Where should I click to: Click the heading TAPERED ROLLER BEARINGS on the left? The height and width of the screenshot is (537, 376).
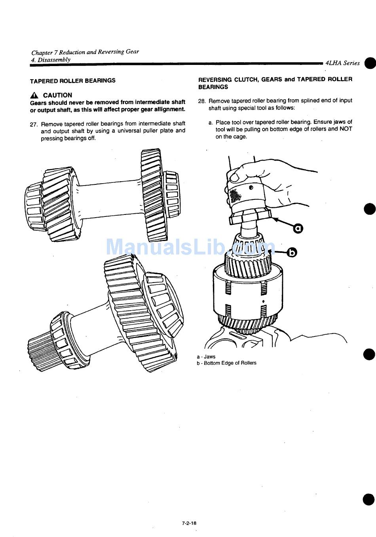point(73,80)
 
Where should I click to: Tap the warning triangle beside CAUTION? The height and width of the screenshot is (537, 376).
point(34,95)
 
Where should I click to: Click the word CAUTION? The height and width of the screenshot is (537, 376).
point(57,95)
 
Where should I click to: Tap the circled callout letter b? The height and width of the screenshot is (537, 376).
point(292,252)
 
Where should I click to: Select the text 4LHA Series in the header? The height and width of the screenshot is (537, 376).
point(342,63)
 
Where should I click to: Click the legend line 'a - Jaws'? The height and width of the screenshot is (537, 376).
point(206,357)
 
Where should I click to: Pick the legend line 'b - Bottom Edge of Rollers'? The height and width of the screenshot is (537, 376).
point(226,363)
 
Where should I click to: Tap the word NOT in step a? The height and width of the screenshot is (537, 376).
point(346,129)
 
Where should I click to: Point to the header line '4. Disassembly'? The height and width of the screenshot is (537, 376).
point(51,60)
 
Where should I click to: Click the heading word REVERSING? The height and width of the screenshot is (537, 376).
point(215,80)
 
